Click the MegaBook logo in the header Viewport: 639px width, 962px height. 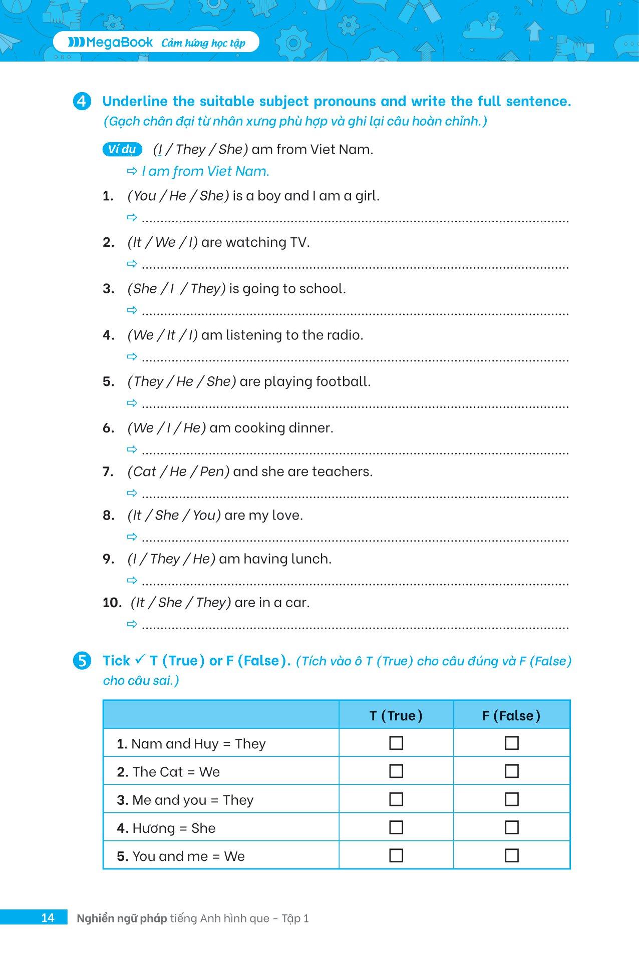pos(111,43)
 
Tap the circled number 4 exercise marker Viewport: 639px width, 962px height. pos(82,102)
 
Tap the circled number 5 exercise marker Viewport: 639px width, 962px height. pos(82,661)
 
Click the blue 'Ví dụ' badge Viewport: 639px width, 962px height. pos(122,149)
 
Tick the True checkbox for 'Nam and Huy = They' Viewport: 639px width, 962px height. pos(396,743)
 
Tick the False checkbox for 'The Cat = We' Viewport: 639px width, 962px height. pos(511,771)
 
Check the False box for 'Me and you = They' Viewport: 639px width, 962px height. pos(511,799)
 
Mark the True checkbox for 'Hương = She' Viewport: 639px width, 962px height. pos(396,827)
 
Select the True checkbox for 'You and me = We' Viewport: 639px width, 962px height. pos(396,856)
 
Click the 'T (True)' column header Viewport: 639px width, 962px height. pos(396,716)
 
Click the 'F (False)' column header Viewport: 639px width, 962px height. pos(511,716)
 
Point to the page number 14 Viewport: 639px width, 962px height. pos(48,918)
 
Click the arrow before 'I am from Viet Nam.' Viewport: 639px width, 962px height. pos(132,171)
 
